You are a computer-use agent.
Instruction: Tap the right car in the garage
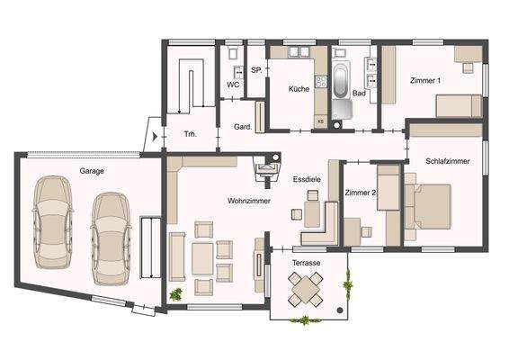pos(111,230)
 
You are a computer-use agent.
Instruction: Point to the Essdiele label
pos(308,180)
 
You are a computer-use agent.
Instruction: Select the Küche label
pos(299,90)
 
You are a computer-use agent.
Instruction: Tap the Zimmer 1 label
pos(425,81)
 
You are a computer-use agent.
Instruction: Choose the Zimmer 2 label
pos(360,193)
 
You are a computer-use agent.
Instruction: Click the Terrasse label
pos(308,262)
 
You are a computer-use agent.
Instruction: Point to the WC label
pos(232,85)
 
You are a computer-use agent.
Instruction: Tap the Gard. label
pos(242,127)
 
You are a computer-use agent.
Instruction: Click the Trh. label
pos(191,135)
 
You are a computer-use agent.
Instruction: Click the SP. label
pos(255,69)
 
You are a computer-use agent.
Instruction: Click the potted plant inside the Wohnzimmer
pos(175,293)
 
